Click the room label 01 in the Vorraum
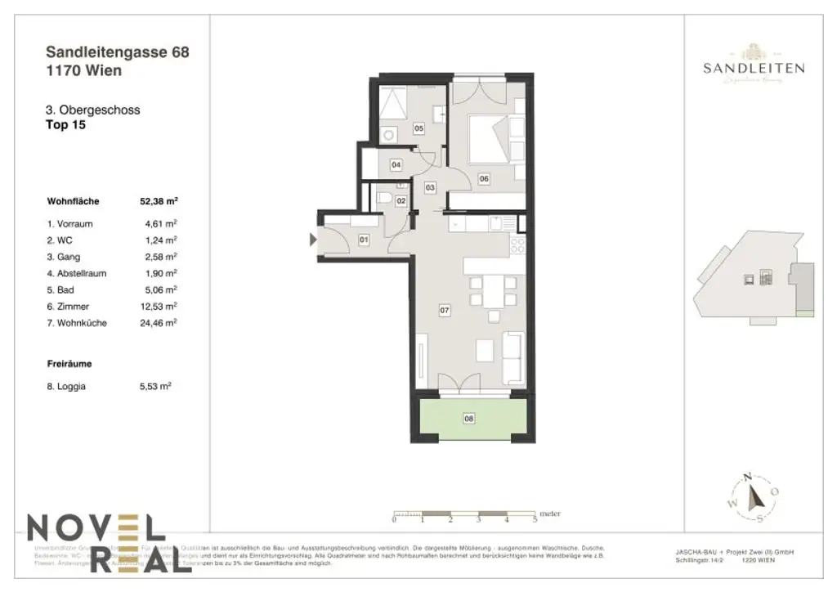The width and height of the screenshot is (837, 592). tap(364, 240)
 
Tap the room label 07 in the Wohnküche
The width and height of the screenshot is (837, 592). tap(445, 310)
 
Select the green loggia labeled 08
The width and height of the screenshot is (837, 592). tap(469, 419)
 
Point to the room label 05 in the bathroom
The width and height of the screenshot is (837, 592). tap(418, 128)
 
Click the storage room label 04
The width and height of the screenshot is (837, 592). tap(396, 165)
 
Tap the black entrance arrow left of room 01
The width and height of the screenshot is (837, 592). tap(312, 240)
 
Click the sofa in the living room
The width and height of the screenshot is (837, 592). tap(512, 357)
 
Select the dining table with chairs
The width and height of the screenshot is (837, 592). tap(493, 294)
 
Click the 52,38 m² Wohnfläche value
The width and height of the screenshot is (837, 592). tap(159, 200)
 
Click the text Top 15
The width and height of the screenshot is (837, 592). tap(66, 125)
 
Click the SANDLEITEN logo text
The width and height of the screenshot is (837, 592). tap(753, 69)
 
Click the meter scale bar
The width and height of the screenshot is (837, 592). tap(464, 516)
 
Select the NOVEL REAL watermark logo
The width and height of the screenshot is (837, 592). tap(96, 543)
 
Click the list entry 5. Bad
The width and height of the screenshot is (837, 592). tap(65, 289)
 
